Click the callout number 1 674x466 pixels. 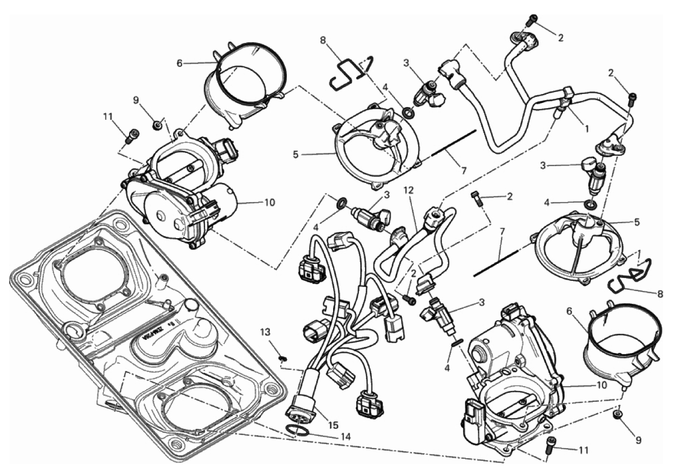(x=587, y=128)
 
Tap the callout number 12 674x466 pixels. (x=409, y=192)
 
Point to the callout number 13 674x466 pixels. (x=265, y=331)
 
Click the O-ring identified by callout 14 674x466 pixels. (x=297, y=432)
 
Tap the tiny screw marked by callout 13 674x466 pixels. (x=283, y=356)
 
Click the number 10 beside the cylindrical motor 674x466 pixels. (x=269, y=202)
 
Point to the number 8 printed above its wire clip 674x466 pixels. (x=322, y=41)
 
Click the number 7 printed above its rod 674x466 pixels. (x=500, y=231)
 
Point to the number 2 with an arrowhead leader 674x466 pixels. (x=509, y=197)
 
